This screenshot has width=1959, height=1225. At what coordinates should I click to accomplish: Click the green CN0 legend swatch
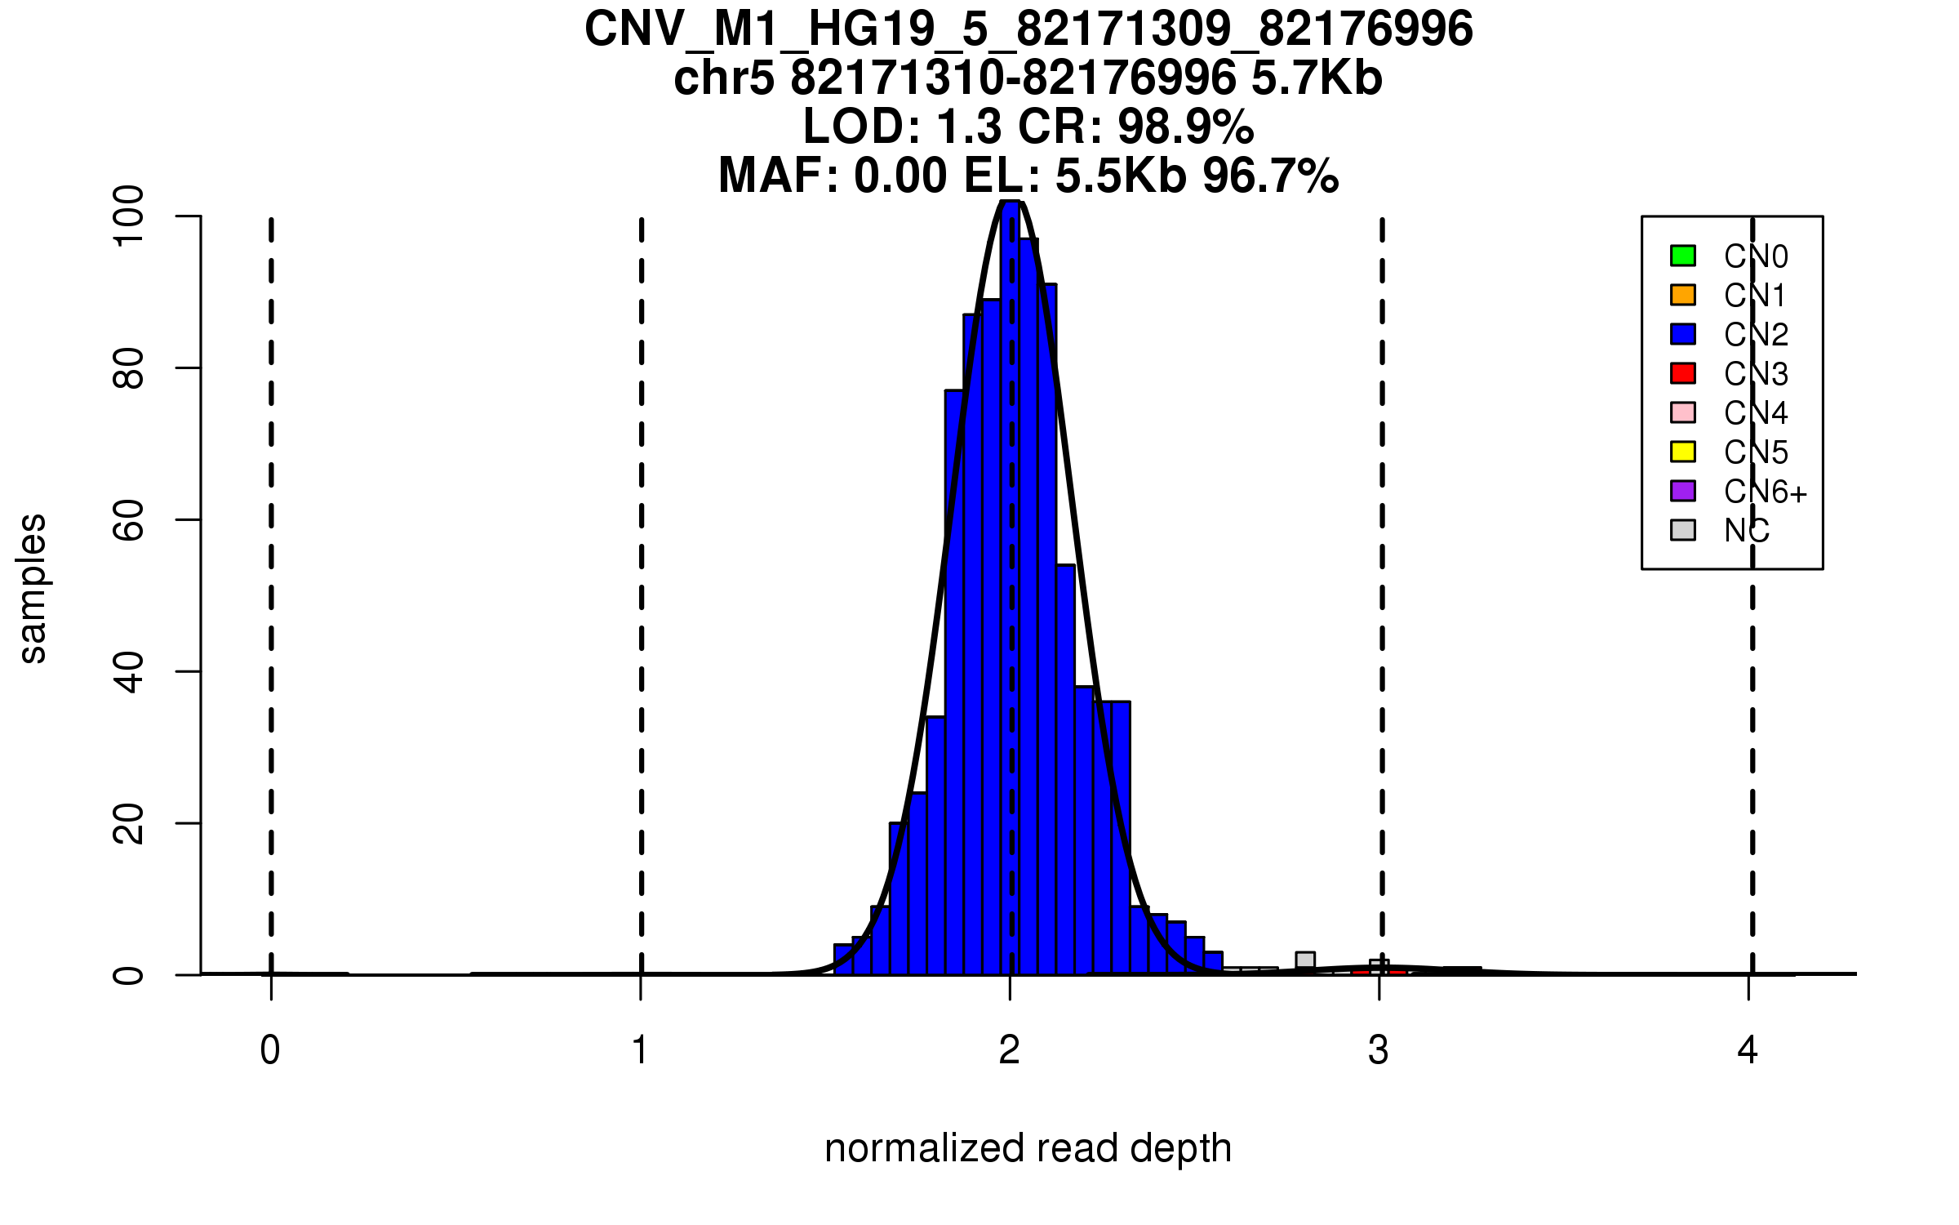click(1683, 256)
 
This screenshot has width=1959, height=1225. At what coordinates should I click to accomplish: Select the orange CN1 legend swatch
click(1683, 295)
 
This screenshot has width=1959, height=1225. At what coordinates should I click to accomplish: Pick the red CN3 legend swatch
click(1683, 373)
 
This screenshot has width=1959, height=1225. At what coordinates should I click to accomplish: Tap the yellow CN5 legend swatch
click(1683, 452)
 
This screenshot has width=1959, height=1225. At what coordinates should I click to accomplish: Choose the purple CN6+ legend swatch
click(1683, 491)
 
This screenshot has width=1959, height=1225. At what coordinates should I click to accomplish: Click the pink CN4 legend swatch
click(1683, 412)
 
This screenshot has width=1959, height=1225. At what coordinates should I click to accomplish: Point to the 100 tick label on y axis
click(129, 216)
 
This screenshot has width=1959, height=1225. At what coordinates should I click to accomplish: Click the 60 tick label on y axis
click(129, 520)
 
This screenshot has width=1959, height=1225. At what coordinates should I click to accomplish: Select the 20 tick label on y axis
click(129, 823)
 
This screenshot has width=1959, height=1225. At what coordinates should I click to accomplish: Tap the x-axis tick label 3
click(1379, 1050)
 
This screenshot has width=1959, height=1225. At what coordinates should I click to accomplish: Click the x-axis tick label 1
click(641, 1050)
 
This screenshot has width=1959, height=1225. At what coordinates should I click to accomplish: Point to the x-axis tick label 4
click(1748, 1050)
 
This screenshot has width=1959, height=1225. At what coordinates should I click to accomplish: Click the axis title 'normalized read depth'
click(1028, 1148)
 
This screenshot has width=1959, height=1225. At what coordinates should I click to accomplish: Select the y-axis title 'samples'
click(33, 589)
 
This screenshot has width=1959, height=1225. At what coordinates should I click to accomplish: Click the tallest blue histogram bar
click(1011, 588)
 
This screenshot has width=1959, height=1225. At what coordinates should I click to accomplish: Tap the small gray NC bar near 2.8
click(1305, 963)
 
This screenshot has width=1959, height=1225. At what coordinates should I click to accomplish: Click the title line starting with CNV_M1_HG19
click(1028, 29)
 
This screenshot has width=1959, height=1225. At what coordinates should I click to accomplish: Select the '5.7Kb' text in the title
click(1317, 79)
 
